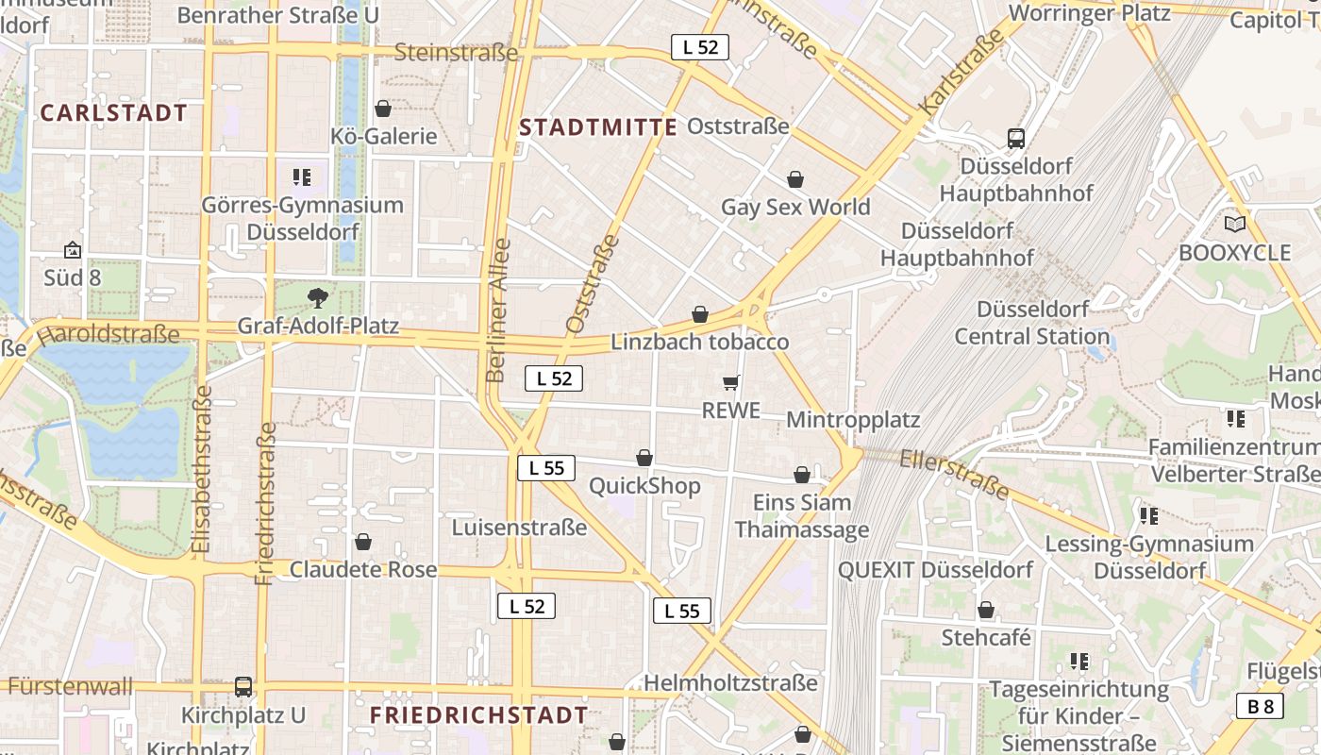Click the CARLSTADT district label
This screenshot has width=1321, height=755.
[x=114, y=113]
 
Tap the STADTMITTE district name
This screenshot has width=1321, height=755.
[x=598, y=127]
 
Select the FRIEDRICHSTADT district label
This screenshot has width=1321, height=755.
[x=479, y=715]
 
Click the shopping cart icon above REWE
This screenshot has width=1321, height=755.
[x=730, y=382]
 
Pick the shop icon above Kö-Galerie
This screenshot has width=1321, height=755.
[x=383, y=109]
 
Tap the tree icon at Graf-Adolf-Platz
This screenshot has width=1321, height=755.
[x=318, y=297]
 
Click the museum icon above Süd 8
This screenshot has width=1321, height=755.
[x=73, y=250]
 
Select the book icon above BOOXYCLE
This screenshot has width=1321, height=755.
[x=1234, y=225]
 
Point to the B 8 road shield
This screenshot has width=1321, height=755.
[x=1260, y=706]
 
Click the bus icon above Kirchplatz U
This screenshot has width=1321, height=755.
[x=243, y=687]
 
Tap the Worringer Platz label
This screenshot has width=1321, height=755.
[x=1102, y=14]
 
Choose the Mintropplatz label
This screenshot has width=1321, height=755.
[x=852, y=419]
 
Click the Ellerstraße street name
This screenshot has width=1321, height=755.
[x=954, y=474]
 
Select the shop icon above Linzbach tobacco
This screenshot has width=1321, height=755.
[x=700, y=314]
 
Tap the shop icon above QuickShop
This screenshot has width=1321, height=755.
[x=644, y=458]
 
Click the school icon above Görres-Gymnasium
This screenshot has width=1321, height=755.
[x=302, y=176]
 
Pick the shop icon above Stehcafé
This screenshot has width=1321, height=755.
[x=986, y=611]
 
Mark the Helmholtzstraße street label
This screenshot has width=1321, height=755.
[x=730, y=682]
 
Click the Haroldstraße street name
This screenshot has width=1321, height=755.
[x=109, y=334]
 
